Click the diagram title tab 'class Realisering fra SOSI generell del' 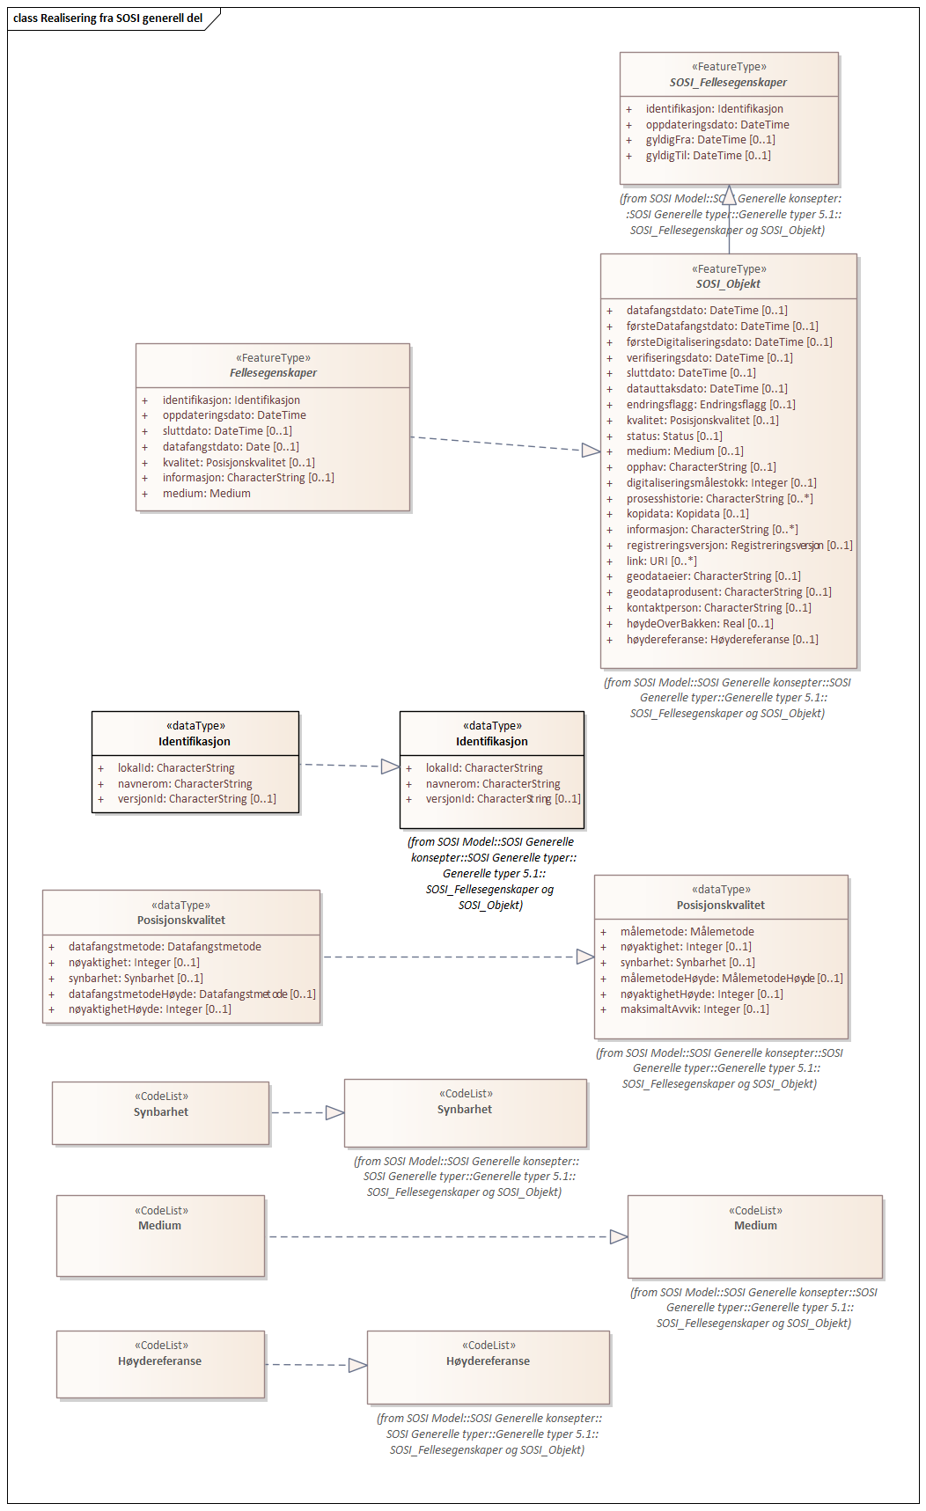(x=108, y=18)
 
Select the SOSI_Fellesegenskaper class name (x=728, y=82)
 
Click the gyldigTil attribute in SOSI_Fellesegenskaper (x=708, y=156)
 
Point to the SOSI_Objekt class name (x=728, y=284)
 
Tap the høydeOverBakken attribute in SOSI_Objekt (x=700, y=624)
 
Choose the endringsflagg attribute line (x=710, y=405)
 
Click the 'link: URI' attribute (x=661, y=561)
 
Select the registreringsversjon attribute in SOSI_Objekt (x=739, y=546)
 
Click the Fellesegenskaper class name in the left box (x=273, y=373)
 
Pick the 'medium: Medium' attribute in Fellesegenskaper (x=206, y=494)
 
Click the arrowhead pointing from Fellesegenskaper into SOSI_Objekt (x=591, y=451)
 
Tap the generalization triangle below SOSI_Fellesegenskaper (x=729, y=195)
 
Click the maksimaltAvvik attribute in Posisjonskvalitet (x=694, y=1009)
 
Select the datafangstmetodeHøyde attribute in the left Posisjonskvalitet (x=192, y=994)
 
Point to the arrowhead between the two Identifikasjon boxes (x=390, y=767)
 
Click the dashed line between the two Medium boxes (x=440, y=1236)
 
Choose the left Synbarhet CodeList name (x=161, y=1112)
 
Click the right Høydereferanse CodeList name (x=488, y=1361)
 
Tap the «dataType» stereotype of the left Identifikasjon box (x=195, y=726)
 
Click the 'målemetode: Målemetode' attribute (x=687, y=932)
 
